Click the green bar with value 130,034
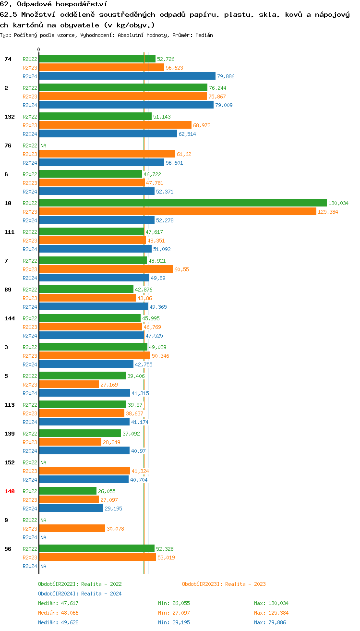pyautogui.click(x=182, y=203)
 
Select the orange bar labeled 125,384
pyautogui.click(x=177, y=212)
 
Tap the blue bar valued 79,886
pyautogui.click(x=127, y=76)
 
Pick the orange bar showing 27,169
pyautogui.click(x=69, y=385)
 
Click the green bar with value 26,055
pyautogui.click(x=68, y=491)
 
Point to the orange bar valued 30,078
pyautogui.click(x=72, y=529)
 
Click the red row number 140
pyautogui.click(x=9, y=491)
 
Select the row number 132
pyautogui.click(x=9, y=117)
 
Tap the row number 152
pyautogui.click(x=9, y=462)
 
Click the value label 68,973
pyautogui.click(x=202, y=125)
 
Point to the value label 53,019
pyautogui.click(x=166, y=558)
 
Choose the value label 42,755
pyautogui.click(x=144, y=364)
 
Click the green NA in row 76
pyautogui.click(x=43, y=146)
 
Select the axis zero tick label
pyautogui.click(x=39, y=50)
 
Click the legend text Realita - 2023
pyautogui.click(x=245, y=584)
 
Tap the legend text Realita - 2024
pyautogui.click(x=101, y=594)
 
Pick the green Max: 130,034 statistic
pyautogui.click(x=271, y=603)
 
